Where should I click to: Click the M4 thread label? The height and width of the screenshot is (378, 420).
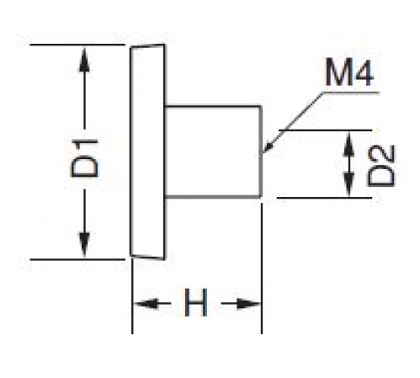pyautogui.click(x=349, y=73)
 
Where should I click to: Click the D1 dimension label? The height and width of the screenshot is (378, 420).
pyautogui.click(x=85, y=158)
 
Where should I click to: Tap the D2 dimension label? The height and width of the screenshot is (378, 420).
pyautogui.click(x=380, y=166)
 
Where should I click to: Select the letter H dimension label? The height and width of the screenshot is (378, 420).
pyautogui.click(x=196, y=302)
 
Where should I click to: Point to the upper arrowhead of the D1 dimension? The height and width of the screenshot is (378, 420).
pyautogui.click(x=84, y=60)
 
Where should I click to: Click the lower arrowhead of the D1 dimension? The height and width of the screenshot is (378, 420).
pyautogui.click(x=84, y=244)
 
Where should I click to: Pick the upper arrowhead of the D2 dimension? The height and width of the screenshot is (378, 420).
pyautogui.click(x=348, y=143)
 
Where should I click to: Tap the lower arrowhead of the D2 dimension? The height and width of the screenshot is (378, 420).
pyautogui.click(x=348, y=185)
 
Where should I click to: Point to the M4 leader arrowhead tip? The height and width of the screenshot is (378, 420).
pyautogui.click(x=263, y=153)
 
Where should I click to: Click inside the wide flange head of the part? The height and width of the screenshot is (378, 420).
pyautogui.click(x=147, y=152)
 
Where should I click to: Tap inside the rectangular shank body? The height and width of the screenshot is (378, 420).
pyautogui.click(x=213, y=152)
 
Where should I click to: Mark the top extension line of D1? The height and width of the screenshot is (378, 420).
pyautogui.click(x=77, y=45)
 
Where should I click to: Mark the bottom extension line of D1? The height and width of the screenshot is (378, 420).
pyautogui.click(x=77, y=259)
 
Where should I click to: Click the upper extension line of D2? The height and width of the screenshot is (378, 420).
pyautogui.click(x=326, y=130)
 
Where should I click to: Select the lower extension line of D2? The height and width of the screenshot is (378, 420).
pyautogui.click(x=324, y=198)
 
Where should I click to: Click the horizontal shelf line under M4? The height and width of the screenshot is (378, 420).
pyautogui.click(x=351, y=92)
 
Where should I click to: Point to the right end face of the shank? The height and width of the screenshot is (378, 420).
pyautogui.click(x=261, y=152)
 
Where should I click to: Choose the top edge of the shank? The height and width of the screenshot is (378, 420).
pyautogui.click(x=213, y=106)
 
